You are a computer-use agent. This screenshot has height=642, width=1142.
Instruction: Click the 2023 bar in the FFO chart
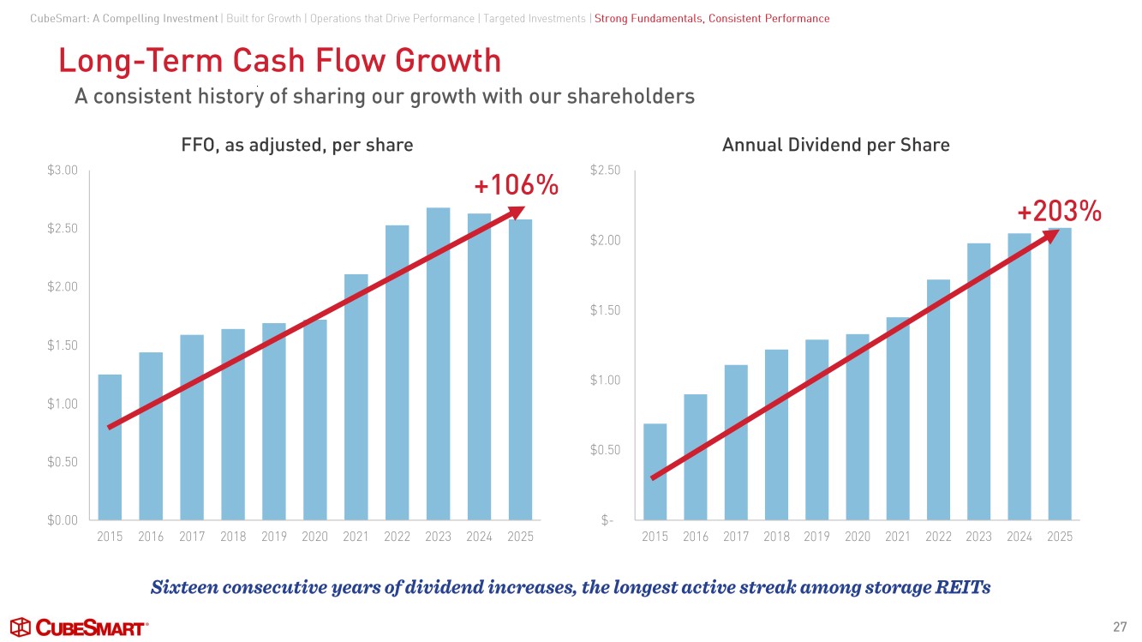(x=438, y=363)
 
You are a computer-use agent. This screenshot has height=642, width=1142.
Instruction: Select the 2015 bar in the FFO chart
(x=110, y=447)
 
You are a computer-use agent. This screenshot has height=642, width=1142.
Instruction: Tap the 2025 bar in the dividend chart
(x=1060, y=374)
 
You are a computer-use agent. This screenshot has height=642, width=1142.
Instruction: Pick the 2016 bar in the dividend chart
(x=696, y=457)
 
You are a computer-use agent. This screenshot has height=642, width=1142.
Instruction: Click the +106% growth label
(x=516, y=184)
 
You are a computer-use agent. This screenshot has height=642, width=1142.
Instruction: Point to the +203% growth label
(x=1059, y=211)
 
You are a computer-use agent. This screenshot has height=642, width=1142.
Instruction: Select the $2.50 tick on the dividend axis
(x=606, y=171)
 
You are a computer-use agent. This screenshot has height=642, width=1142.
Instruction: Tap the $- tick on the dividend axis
(x=607, y=519)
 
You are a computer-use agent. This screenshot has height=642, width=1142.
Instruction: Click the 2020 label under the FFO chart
(x=314, y=537)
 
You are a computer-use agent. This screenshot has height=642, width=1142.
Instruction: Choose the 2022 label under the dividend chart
(x=938, y=537)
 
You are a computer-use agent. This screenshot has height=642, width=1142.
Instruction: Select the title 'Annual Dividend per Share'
(x=835, y=145)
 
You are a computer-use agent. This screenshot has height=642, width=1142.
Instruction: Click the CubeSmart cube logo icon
(x=21, y=627)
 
